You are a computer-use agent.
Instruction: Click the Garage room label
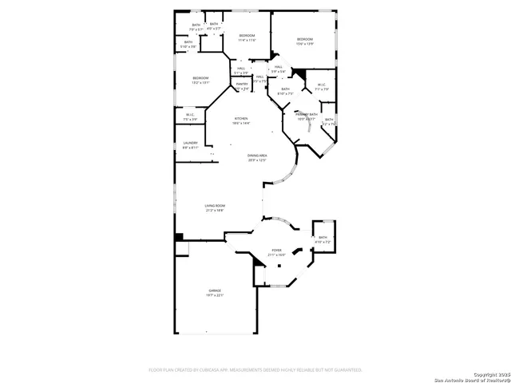(215, 290)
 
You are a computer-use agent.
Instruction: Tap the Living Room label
(215, 206)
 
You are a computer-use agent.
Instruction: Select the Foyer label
(276, 251)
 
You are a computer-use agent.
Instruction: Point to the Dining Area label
(256, 156)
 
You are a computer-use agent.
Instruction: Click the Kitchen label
(241, 119)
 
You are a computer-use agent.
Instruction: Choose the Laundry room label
(190, 143)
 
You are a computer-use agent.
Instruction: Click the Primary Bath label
(307, 115)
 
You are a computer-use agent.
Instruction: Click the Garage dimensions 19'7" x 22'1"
(215, 296)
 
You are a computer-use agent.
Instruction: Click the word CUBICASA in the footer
(210, 370)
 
